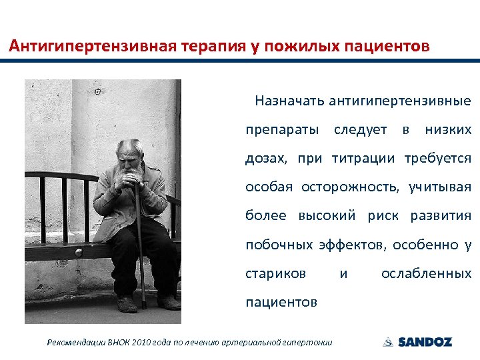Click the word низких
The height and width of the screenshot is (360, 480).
(x=448, y=129)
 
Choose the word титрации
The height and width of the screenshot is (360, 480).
(x=364, y=159)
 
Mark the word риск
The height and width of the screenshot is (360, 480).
(x=386, y=216)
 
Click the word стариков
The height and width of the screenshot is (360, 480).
(x=275, y=273)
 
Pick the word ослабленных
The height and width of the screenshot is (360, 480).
(x=426, y=273)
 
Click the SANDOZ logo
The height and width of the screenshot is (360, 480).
(x=417, y=342)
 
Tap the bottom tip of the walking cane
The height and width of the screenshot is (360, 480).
(x=143, y=306)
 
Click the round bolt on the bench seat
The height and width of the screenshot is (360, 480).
(x=78, y=253)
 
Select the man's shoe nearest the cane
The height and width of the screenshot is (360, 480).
(x=127, y=304)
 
